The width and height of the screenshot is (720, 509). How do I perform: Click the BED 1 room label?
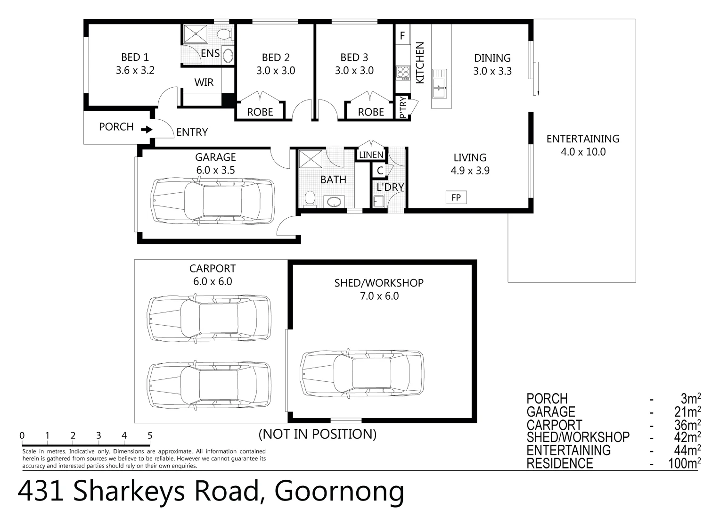click(x=135, y=57)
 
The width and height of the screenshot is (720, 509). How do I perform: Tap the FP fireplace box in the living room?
click(x=456, y=197)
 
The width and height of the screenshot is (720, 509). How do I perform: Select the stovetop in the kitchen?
click(x=403, y=73)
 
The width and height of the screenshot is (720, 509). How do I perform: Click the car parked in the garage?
click(x=213, y=201)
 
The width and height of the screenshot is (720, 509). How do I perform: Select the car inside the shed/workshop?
click(x=362, y=373)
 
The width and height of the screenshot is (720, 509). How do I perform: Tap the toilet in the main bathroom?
click(x=310, y=198)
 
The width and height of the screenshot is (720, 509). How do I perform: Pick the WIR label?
click(x=204, y=82)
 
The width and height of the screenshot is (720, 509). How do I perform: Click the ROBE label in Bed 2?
click(x=260, y=112)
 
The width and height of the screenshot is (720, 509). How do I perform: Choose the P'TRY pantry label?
click(x=403, y=107)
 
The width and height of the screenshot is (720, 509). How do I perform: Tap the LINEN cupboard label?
click(x=371, y=155)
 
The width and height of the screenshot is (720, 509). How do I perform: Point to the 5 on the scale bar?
click(x=150, y=436)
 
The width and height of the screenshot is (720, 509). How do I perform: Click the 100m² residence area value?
click(x=684, y=463)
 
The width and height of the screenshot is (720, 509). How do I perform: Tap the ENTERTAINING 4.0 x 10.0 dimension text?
click(x=583, y=152)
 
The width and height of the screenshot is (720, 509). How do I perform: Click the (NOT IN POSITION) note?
click(x=318, y=434)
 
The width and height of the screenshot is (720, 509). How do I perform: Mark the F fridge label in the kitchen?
click(x=402, y=36)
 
